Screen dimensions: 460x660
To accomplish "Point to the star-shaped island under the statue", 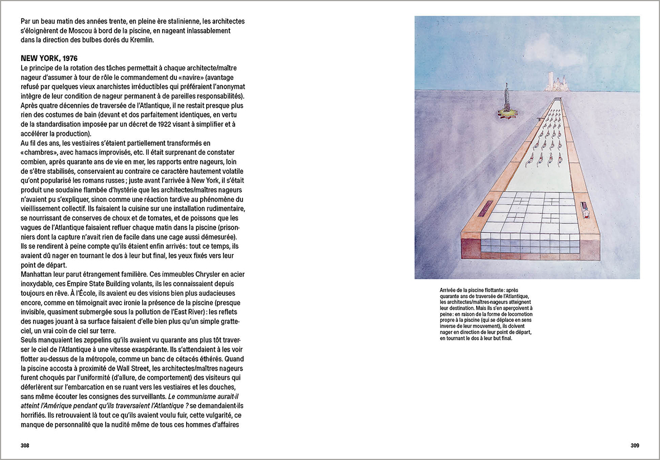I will tap(507, 115).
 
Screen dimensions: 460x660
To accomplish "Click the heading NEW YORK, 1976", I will tap(49, 58).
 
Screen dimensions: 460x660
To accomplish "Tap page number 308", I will tap(25, 445).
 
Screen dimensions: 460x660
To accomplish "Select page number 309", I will tap(634, 445).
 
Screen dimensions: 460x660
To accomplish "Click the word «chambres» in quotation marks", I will tap(40, 152).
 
